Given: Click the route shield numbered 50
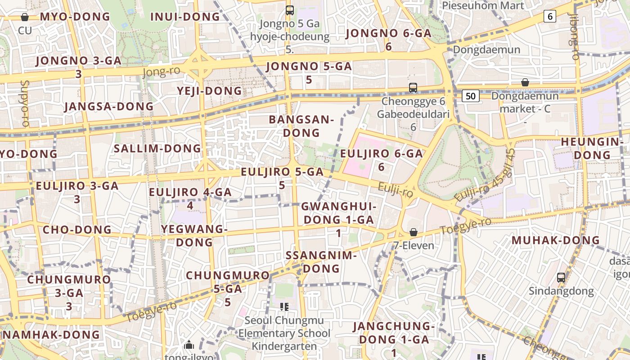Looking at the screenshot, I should coord(470,95).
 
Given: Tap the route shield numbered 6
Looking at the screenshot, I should coord(549,16).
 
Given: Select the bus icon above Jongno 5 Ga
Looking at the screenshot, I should coord(290,10).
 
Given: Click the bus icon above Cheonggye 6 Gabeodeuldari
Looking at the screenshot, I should coord(413,88).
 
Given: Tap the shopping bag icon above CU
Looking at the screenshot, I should coord(25,17).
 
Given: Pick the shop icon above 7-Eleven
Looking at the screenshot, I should coord(413,232).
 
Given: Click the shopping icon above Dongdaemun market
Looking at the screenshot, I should coord(525,82).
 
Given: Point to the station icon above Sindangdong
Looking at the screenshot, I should coord(561,277).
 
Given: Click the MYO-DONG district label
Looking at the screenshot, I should coord(75,17).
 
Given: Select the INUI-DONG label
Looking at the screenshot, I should coord(185,17).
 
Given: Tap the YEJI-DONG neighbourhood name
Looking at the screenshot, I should coord(209,91).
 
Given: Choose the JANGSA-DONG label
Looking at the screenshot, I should coord(109,107).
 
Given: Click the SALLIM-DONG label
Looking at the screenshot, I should coord(157,148).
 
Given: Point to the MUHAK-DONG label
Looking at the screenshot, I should coord(556,240).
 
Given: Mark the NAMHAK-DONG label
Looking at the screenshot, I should coord(51,335).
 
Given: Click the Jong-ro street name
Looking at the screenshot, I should coord(161,72).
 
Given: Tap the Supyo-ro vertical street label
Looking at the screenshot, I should coord(25,103).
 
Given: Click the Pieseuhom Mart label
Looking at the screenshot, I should coord(483,5).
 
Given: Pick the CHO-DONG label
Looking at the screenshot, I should coord(77,229).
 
